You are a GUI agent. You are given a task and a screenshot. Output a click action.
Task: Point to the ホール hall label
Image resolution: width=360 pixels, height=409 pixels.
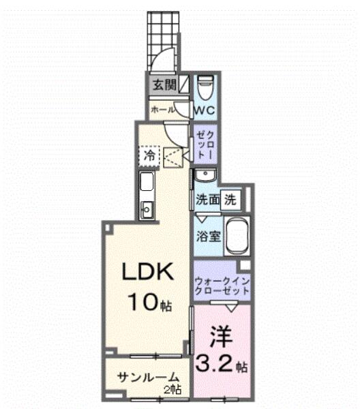click(161, 109)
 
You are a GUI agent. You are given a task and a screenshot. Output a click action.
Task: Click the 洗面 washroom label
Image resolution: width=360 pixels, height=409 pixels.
click(207, 201)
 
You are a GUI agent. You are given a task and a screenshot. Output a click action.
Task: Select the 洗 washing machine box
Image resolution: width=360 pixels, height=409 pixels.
click(232, 200)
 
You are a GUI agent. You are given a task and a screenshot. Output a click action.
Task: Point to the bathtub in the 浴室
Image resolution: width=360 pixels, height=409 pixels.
click(238, 237)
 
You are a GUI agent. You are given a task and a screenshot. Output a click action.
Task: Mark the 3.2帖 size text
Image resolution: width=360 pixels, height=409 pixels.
click(222, 366)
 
